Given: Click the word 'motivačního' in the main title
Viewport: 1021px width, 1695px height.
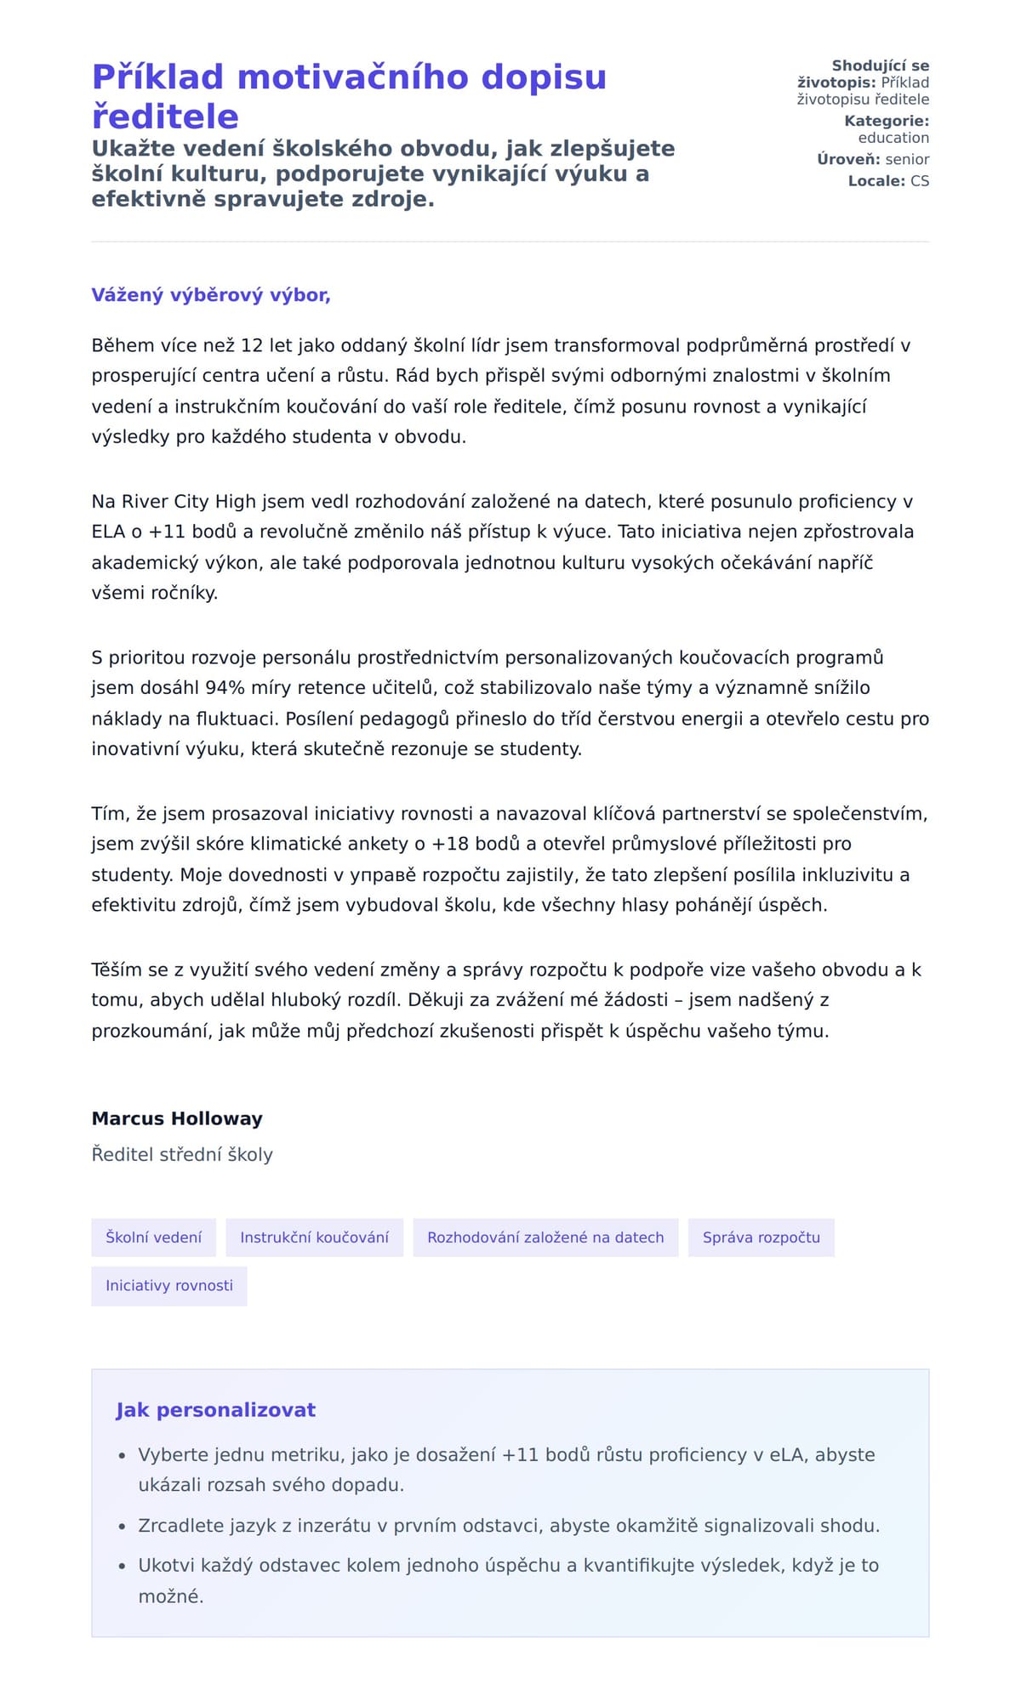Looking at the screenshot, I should point(352,77).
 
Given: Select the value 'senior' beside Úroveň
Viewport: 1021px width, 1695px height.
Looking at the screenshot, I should point(907,159).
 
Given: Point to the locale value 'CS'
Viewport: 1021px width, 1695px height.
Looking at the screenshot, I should point(919,181).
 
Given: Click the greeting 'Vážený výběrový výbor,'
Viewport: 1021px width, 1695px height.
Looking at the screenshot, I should point(211,295).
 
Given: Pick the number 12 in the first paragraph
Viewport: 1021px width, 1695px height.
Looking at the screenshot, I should point(252,345).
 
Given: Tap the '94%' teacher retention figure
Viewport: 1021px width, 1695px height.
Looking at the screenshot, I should point(225,688).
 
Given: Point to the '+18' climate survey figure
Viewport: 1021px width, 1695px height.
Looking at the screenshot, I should point(451,844).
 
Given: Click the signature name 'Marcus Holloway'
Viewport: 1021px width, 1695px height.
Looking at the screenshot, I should point(177,1118).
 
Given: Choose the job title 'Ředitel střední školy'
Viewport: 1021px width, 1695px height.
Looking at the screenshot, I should point(182,1155).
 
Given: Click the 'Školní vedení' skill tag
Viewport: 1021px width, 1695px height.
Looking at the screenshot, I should point(154,1237).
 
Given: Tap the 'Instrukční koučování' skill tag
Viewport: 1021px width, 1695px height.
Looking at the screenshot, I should point(314,1237).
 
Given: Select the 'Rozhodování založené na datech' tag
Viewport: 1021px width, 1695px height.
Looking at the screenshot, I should point(545,1237).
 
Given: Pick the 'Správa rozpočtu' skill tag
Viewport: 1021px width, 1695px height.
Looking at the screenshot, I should point(761,1237).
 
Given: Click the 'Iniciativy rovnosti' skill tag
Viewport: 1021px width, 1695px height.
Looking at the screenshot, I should point(169,1286).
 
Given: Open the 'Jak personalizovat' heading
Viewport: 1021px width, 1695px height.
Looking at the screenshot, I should point(215,1410).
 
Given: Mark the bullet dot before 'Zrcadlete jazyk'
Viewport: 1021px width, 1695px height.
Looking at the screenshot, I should point(123,1527).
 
